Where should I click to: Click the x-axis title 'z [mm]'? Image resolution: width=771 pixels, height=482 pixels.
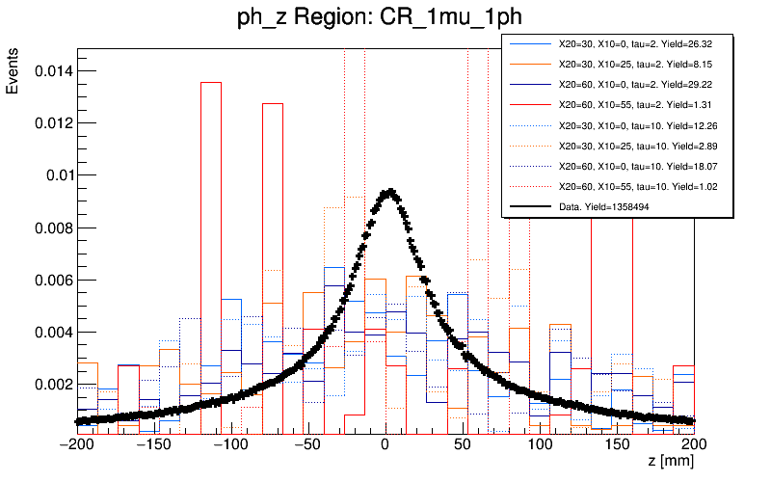pos(671,462)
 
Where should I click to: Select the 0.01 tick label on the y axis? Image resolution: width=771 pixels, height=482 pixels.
pos(53,175)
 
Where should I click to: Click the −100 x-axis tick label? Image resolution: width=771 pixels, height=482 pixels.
pos(230,444)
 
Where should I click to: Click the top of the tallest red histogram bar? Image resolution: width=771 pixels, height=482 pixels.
pos(210,82)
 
